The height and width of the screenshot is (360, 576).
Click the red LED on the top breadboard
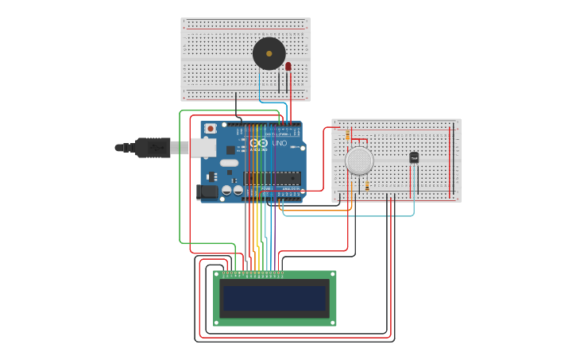coord(288,67)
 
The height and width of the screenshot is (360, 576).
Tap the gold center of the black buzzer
coord(269,54)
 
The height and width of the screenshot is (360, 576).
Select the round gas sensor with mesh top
coord(359,161)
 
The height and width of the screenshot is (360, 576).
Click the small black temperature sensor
coord(414,157)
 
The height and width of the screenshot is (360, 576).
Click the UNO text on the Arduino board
coord(279,143)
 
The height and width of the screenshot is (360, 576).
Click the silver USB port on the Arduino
coord(203,147)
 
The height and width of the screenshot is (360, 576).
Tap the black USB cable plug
coord(152,147)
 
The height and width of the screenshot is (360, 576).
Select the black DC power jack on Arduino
coord(206,192)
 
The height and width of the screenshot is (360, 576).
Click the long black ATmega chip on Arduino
coord(272,178)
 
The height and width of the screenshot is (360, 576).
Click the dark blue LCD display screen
coord(274,298)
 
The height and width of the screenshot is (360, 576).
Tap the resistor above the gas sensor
coord(347,137)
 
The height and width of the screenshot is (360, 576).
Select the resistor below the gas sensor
coord(366,184)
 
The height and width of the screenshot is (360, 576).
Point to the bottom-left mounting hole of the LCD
coord(218,322)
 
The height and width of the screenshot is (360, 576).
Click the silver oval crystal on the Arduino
coord(229,163)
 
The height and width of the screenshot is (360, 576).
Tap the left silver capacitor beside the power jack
coord(226,190)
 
